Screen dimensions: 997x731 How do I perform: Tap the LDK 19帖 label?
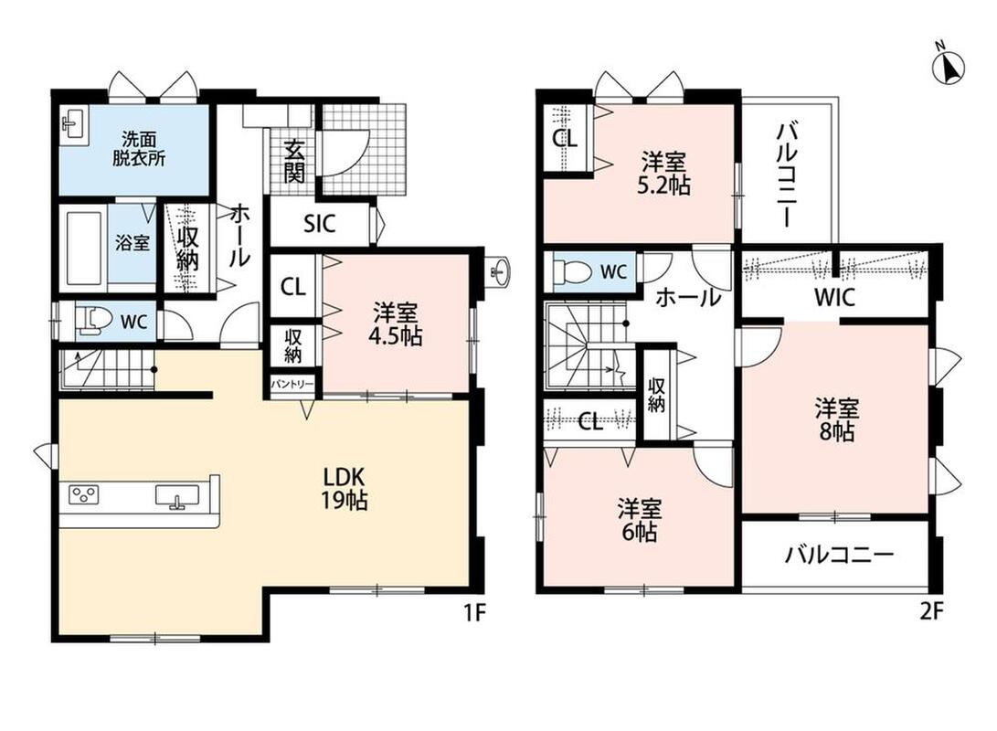pos(344,488)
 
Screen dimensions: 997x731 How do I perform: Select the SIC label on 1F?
pos(319,224)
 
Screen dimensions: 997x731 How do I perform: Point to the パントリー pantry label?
pos(292,385)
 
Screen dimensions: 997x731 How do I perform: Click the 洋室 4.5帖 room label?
pos(395,324)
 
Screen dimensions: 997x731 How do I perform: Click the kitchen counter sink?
pos(177,495)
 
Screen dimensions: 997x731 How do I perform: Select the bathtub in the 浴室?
pos(84,248)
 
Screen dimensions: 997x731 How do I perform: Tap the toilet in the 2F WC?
pos(569,270)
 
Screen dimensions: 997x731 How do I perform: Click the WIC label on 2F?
pos(835,298)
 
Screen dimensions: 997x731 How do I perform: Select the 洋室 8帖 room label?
pos(837,419)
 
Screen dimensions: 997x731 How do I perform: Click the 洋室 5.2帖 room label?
pos(663,173)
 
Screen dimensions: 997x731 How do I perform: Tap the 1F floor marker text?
pos(474,613)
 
